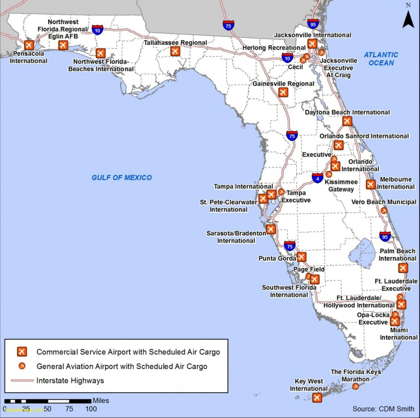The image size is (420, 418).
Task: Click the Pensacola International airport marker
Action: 29,45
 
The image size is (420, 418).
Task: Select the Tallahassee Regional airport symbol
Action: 175,51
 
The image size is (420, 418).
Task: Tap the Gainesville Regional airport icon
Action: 283,92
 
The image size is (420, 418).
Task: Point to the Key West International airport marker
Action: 317,397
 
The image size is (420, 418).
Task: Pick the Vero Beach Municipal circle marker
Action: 384,211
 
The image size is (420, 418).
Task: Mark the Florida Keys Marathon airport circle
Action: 356,386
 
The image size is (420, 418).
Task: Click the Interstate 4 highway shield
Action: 317,178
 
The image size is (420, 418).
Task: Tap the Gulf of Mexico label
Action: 121,178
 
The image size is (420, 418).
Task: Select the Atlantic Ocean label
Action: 381,59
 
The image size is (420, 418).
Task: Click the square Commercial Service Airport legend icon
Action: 22,352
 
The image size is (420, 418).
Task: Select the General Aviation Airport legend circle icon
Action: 22,366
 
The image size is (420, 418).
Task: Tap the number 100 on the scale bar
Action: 91,409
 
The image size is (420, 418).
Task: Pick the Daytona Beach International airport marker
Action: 347,121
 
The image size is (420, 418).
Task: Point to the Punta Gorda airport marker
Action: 301,257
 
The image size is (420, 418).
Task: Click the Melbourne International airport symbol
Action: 371,185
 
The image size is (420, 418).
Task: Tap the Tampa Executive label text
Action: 296,197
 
